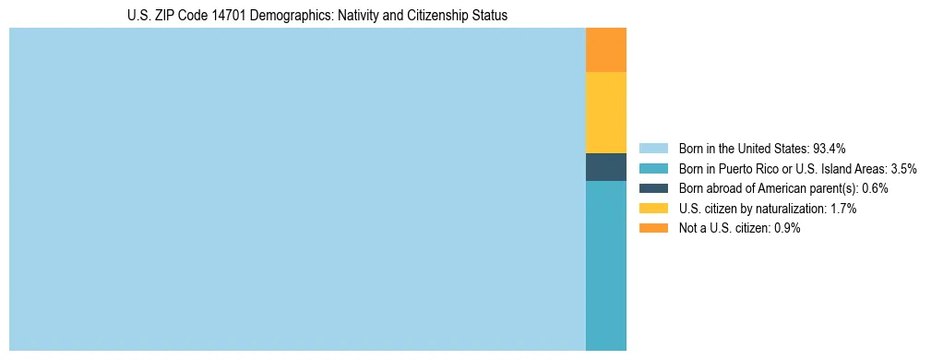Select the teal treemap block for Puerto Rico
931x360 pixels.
(606, 266)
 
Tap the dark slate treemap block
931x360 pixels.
(606, 167)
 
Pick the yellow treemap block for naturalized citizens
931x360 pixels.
(606, 113)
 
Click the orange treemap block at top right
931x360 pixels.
(606, 50)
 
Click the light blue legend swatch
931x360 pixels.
(652, 148)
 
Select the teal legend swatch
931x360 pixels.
(652, 168)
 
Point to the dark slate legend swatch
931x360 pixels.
(652, 188)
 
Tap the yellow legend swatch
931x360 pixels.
(652, 209)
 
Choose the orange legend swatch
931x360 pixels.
(652, 229)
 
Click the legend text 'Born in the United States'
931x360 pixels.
(744, 148)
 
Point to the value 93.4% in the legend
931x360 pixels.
(830, 148)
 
